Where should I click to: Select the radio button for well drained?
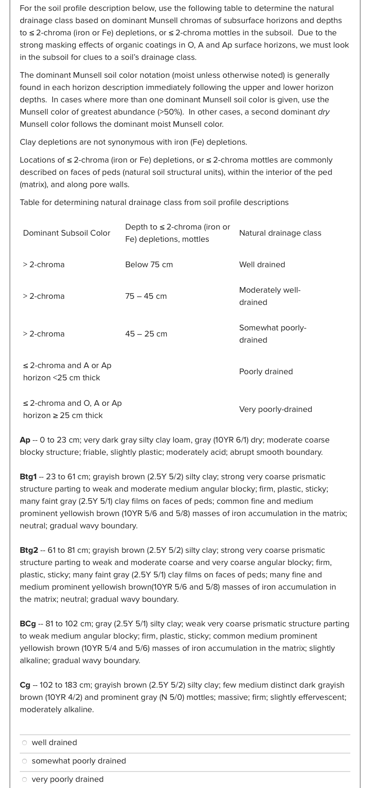pos(24,743)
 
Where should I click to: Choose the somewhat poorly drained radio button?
pos(24,761)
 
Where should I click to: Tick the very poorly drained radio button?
pos(24,780)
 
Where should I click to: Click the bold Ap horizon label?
pos(25,440)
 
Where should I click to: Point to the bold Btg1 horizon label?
pos(28,477)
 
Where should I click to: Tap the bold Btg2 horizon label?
pos(29,550)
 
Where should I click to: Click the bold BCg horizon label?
pos(28,624)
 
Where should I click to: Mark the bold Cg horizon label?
pos(25,685)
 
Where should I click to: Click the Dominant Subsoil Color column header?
pos(66,233)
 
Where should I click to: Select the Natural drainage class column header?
pos(280,233)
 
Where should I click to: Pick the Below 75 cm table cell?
pos(149,265)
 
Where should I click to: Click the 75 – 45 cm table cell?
pos(146,296)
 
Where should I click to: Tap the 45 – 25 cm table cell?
pos(146,334)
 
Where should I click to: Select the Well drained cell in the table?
pos(262,265)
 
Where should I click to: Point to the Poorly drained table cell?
pos(266,372)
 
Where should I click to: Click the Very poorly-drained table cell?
pos(275,410)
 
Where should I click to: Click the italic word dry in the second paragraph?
pos(323,112)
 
